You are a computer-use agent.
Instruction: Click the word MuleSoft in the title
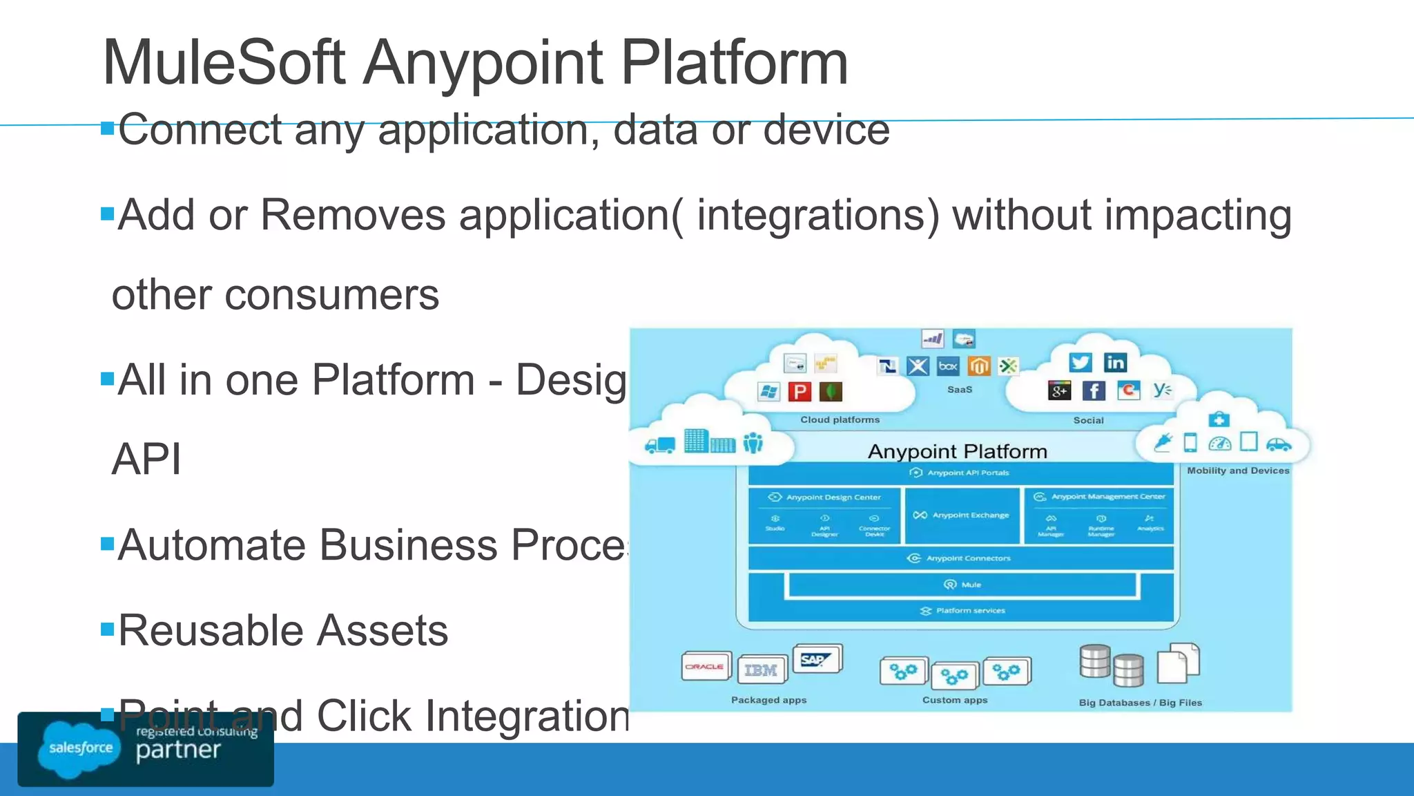pos(223,63)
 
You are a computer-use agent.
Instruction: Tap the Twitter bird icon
pos(1080,363)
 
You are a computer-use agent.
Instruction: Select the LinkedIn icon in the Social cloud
pos(1115,363)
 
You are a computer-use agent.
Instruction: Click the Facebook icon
pos(1093,391)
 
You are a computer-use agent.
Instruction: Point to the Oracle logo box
pos(705,667)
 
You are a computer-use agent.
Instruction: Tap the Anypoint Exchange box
pos(962,515)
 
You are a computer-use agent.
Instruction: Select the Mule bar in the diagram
pos(962,585)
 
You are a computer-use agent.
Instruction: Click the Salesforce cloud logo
pos(80,748)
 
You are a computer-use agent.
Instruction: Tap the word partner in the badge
pos(178,750)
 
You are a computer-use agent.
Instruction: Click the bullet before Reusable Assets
pos(107,629)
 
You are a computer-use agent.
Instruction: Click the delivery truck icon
pos(660,445)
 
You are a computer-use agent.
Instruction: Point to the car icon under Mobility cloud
pos(1278,444)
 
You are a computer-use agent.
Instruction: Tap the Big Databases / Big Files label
pos(1140,703)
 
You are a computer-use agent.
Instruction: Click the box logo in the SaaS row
pos(948,366)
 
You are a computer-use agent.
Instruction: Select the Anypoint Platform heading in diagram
pos(957,452)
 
